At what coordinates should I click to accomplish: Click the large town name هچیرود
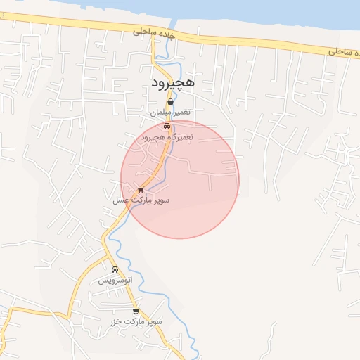click(x=175, y=84)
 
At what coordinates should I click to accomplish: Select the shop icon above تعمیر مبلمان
click(x=171, y=102)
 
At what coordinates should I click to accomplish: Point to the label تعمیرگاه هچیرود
click(x=166, y=138)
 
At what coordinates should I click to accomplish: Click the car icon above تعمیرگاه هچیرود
click(x=167, y=127)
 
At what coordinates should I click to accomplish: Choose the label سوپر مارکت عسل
click(x=141, y=200)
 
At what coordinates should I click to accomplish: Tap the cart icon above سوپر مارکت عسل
click(x=141, y=189)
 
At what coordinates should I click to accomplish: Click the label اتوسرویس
click(x=115, y=280)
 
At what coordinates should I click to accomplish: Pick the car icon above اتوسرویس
click(x=115, y=269)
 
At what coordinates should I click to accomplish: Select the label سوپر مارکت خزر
click(x=136, y=321)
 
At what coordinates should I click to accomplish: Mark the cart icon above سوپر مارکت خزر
click(x=136, y=311)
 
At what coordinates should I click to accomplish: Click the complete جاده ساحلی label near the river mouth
click(x=153, y=32)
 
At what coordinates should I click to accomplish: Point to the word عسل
click(x=120, y=200)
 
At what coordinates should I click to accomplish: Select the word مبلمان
click(x=158, y=112)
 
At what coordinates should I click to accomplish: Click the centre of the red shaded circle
click(x=180, y=179)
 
